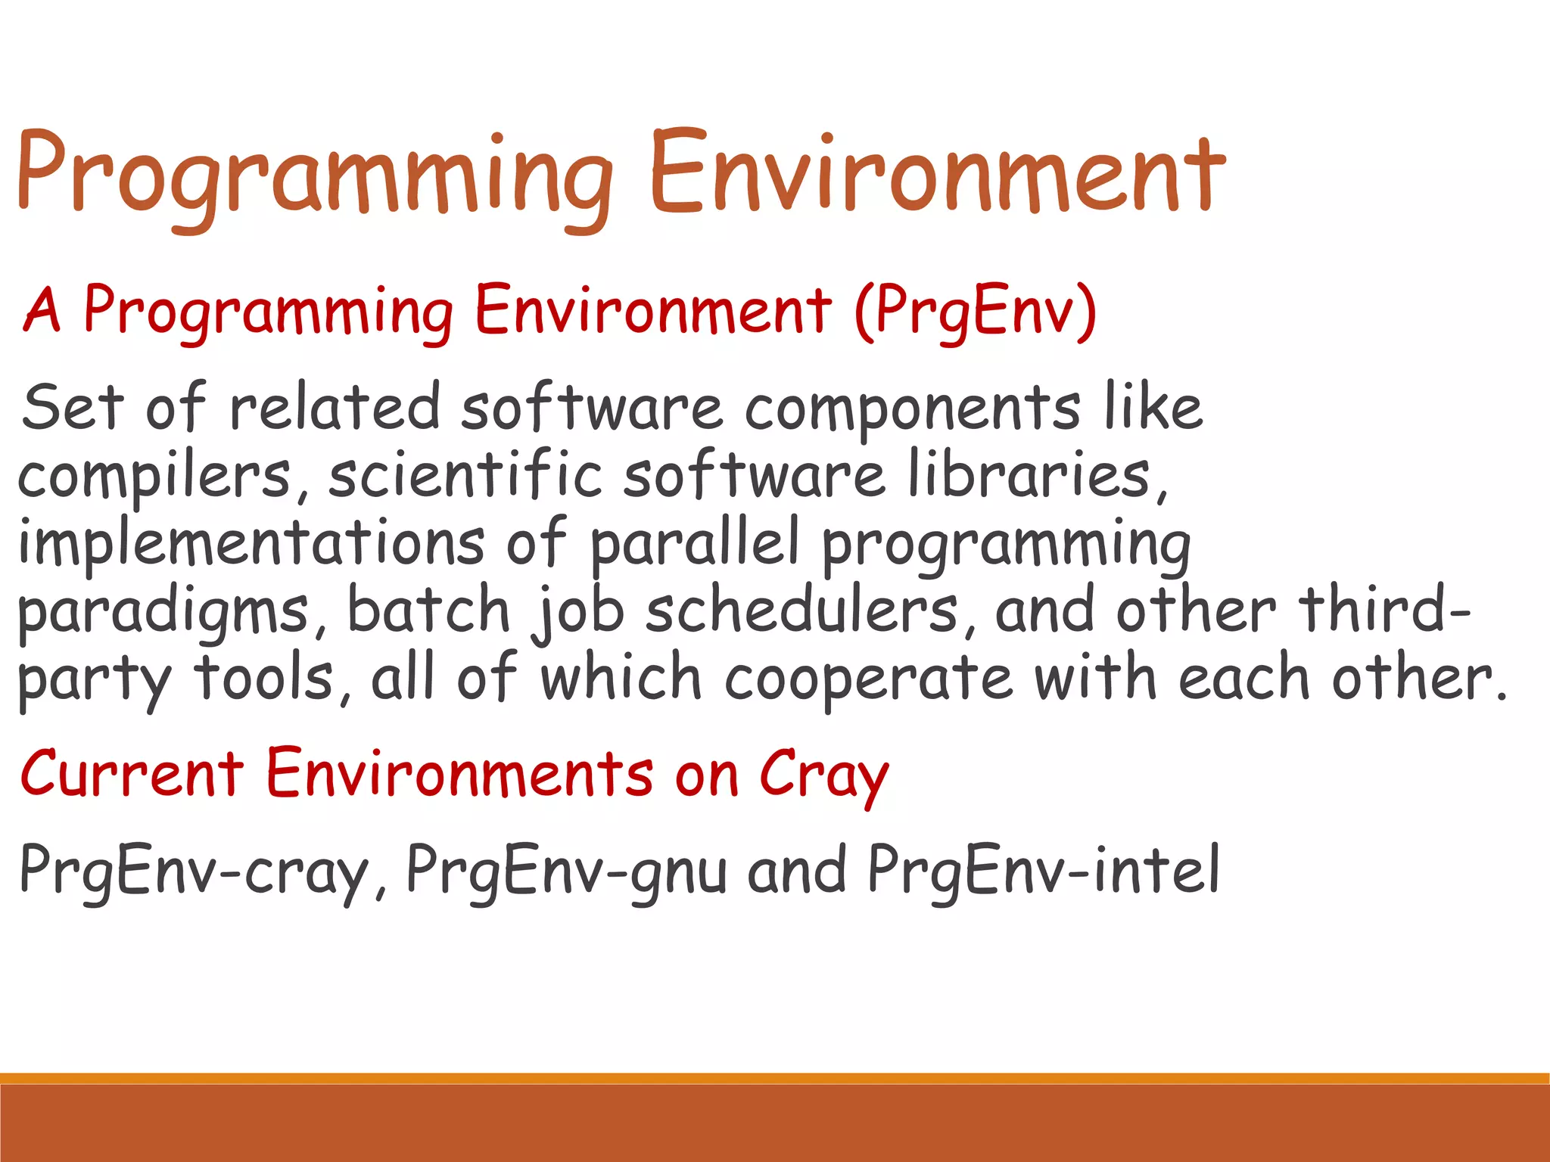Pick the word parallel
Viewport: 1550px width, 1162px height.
694,543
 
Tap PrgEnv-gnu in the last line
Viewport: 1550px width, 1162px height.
566,870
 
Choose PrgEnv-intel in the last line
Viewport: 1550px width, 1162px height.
1043,870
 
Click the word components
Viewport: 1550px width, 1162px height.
911,409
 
